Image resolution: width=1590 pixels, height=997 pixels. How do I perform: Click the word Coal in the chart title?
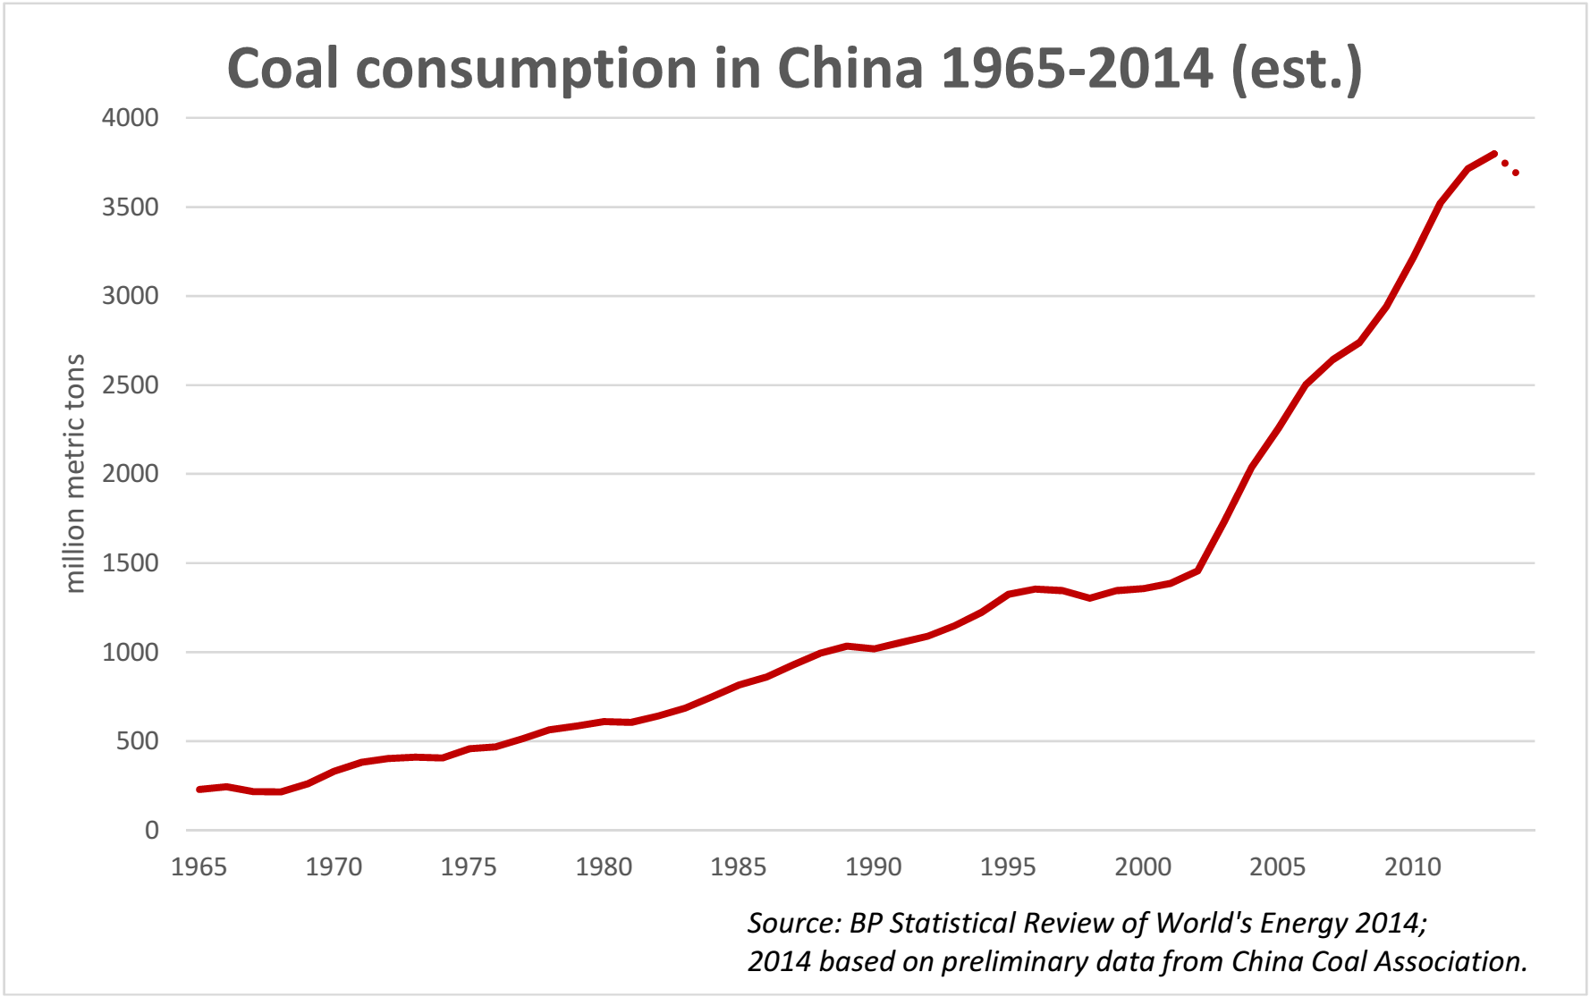click(x=283, y=69)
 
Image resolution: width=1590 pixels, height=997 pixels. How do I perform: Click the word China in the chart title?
click(x=850, y=69)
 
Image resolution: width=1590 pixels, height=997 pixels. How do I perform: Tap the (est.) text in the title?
click(x=1296, y=69)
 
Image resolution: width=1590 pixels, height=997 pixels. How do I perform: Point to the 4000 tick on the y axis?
click(x=131, y=118)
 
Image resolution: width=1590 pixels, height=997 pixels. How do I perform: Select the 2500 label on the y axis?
click(x=131, y=385)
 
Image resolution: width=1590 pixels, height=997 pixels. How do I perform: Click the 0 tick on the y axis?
click(x=152, y=831)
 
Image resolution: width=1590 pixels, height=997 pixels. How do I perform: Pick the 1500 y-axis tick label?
click(x=131, y=563)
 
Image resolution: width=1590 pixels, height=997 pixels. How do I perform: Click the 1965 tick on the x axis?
click(x=199, y=866)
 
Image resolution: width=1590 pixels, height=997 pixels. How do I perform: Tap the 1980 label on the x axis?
click(x=604, y=866)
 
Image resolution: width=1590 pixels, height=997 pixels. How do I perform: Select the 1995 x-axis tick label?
click(x=1008, y=866)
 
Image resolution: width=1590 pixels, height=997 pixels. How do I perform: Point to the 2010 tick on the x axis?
click(x=1413, y=866)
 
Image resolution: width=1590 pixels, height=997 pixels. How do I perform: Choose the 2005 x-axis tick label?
click(x=1278, y=866)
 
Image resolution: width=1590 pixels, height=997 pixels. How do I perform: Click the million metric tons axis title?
click(x=75, y=474)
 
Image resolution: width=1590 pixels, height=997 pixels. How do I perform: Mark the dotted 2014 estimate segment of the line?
click(x=1510, y=167)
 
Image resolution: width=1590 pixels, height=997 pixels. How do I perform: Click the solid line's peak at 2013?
click(x=1494, y=154)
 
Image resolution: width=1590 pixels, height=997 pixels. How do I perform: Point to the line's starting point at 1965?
click(x=199, y=790)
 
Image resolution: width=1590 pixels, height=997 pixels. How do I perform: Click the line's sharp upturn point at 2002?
click(x=1197, y=570)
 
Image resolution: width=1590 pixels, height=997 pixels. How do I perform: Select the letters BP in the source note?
click(x=865, y=923)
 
